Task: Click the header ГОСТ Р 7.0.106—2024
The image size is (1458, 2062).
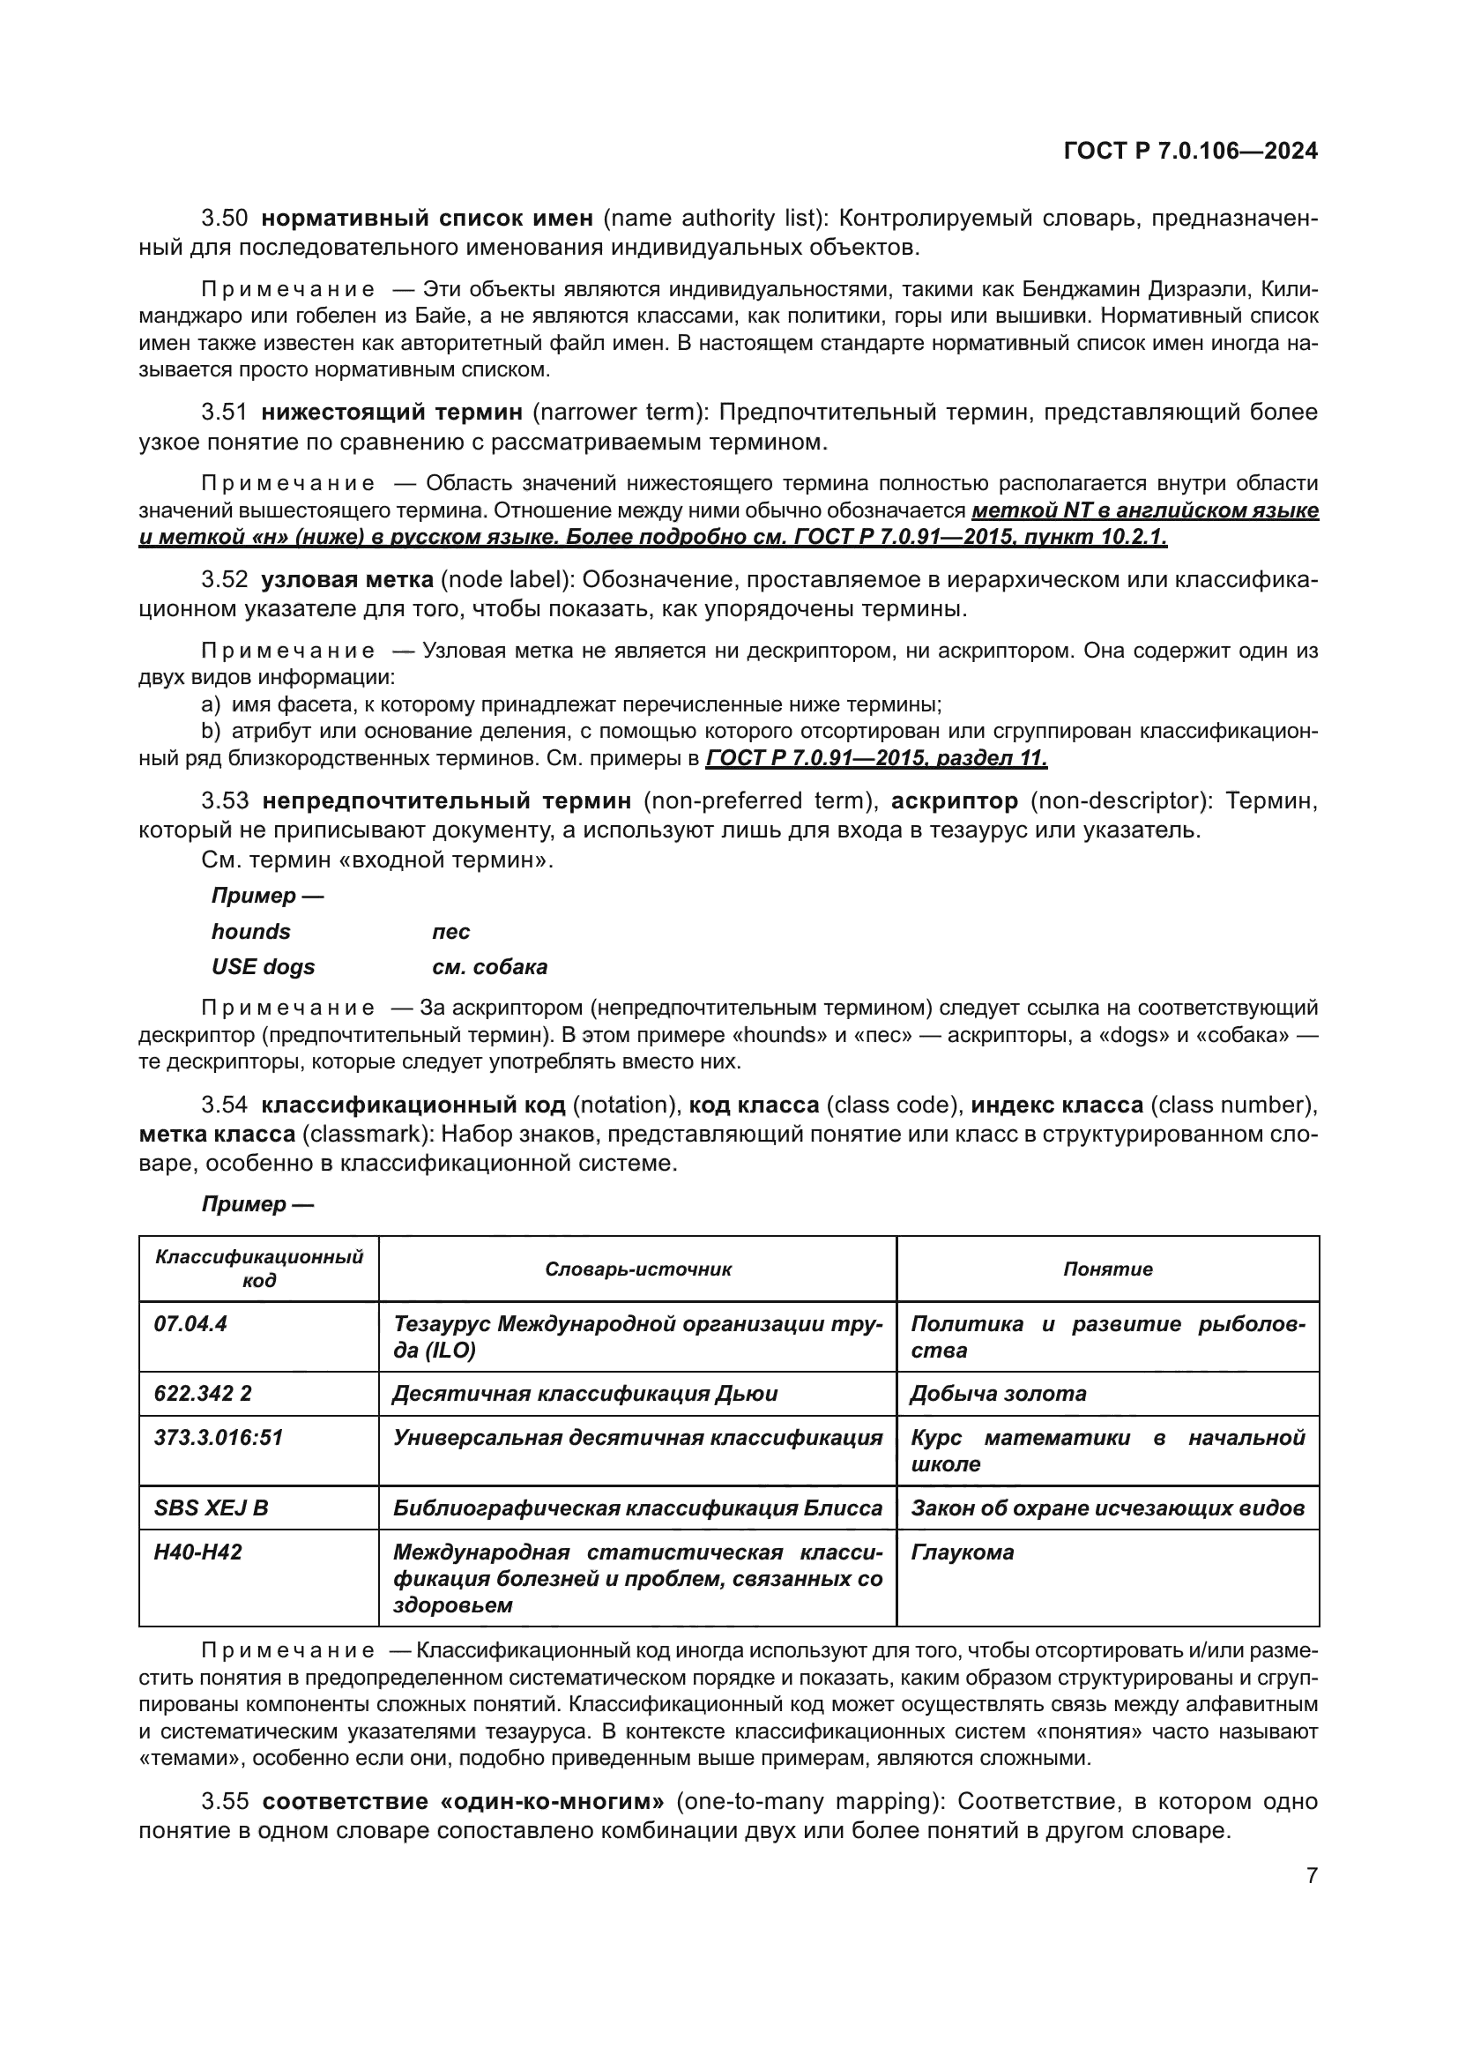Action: click(x=1190, y=151)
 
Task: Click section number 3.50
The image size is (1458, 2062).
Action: click(x=225, y=219)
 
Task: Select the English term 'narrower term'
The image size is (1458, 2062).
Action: click(x=616, y=413)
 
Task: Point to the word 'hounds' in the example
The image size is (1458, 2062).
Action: click(x=250, y=931)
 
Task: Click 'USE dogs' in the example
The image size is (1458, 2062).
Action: click(x=263, y=967)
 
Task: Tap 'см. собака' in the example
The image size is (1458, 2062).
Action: click(x=489, y=967)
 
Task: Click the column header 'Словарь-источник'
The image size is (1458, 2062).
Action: click(x=637, y=1269)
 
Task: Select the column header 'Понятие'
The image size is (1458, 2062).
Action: click(x=1108, y=1269)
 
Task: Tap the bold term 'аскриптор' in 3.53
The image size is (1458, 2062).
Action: click(x=955, y=800)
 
